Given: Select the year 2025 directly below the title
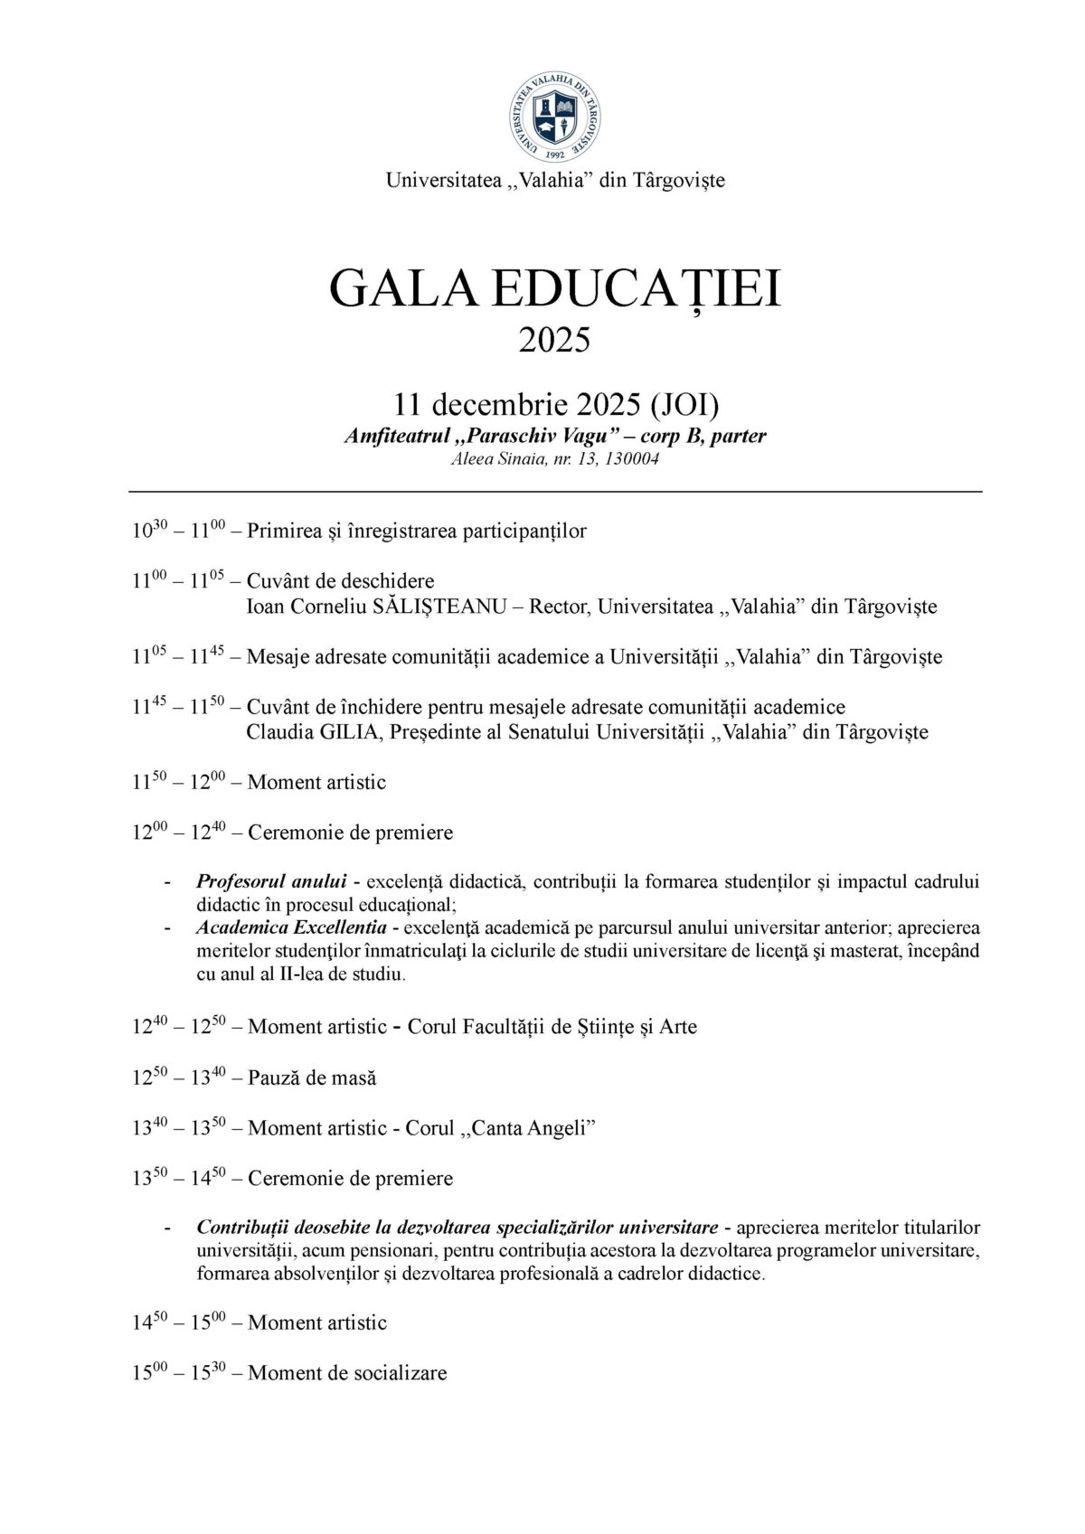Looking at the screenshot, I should [x=554, y=340].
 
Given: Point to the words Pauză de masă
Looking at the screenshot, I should [x=312, y=1078].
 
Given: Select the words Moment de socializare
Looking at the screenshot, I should [x=347, y=1373].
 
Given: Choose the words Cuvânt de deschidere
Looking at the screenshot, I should [x=340, y=581].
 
